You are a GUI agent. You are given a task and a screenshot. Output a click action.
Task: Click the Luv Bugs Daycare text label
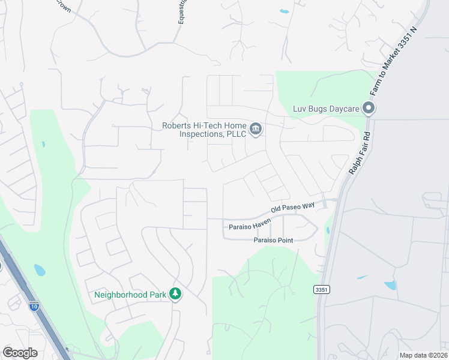click(325, 109)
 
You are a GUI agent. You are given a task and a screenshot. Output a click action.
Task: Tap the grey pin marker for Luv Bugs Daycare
click(369, 109)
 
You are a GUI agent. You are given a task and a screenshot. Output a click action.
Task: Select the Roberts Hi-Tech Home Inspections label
click(204, 130)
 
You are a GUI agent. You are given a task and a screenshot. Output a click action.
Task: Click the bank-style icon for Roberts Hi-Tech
click(256, 129)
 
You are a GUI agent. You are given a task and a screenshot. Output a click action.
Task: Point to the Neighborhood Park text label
click(130, 294)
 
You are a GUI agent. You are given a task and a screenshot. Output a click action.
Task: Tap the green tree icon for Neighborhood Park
click(175, 294)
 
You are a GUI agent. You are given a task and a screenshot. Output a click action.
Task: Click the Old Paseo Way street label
click(293, 208)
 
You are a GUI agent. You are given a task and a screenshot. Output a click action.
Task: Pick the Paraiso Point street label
click(273, 240)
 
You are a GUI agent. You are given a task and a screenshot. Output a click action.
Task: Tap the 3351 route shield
click(321, 290)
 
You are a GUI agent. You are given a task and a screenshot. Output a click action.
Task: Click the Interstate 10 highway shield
click(34, 305)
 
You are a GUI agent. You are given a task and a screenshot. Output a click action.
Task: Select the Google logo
click(20, 353)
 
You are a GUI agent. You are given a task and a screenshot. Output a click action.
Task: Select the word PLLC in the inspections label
click(236, 134)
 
